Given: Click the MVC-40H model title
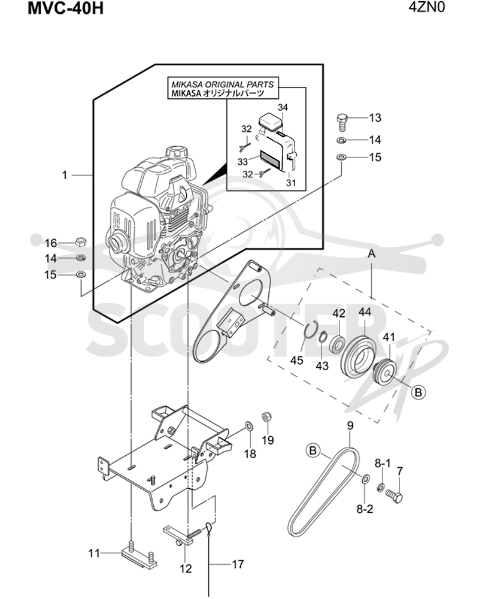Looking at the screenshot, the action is point(65,8).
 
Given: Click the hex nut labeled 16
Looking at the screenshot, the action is point(81,241).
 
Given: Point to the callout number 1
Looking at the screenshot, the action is point(64,175).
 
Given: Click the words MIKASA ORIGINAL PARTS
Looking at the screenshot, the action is point(222,84).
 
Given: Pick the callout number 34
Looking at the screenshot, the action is point(282,108).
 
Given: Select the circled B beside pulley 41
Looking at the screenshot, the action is point(419,392).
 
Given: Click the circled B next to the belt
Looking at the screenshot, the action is point(313,451).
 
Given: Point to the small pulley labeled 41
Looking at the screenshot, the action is point(384,374).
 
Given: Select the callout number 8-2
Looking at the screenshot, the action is point(365,509).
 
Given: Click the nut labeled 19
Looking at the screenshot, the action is point(266,417).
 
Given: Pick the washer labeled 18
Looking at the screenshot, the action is point(249,425).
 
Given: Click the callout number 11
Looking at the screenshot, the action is point(94,553).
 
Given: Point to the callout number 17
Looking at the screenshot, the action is point(238,564).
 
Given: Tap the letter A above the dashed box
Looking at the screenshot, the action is point(372,254).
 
